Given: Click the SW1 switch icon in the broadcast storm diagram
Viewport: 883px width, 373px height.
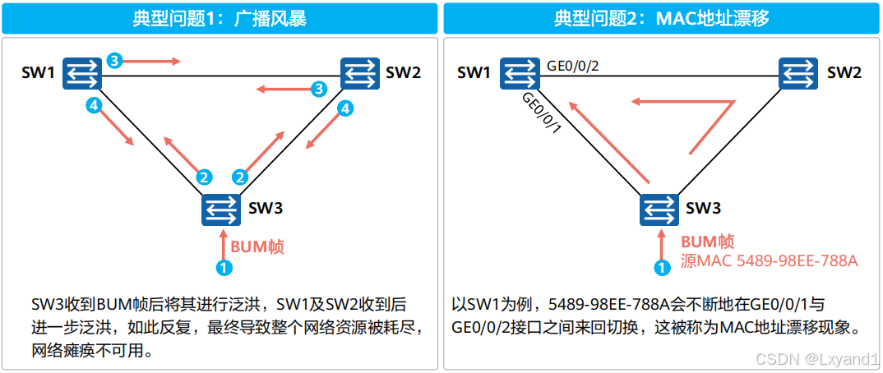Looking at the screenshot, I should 81,74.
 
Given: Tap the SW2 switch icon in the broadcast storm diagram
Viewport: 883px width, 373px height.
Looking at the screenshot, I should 360,74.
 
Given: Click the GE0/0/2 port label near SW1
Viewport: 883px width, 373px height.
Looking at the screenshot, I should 572,65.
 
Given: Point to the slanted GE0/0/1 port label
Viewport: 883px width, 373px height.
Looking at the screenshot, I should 541,113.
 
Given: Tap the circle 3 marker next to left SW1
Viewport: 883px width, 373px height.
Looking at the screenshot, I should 114,61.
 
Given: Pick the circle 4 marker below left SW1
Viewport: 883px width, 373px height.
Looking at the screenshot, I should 95,106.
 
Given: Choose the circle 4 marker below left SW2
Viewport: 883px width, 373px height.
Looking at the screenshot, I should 346,108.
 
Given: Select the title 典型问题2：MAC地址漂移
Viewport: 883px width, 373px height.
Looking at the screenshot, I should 661,18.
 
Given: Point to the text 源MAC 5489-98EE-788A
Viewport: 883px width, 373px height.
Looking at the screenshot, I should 769,261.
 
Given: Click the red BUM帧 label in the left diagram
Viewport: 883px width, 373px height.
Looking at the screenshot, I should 257,246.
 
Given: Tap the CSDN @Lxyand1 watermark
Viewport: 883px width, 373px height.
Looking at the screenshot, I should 817,359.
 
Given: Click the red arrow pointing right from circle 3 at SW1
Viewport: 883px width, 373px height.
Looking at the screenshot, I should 155,61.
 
